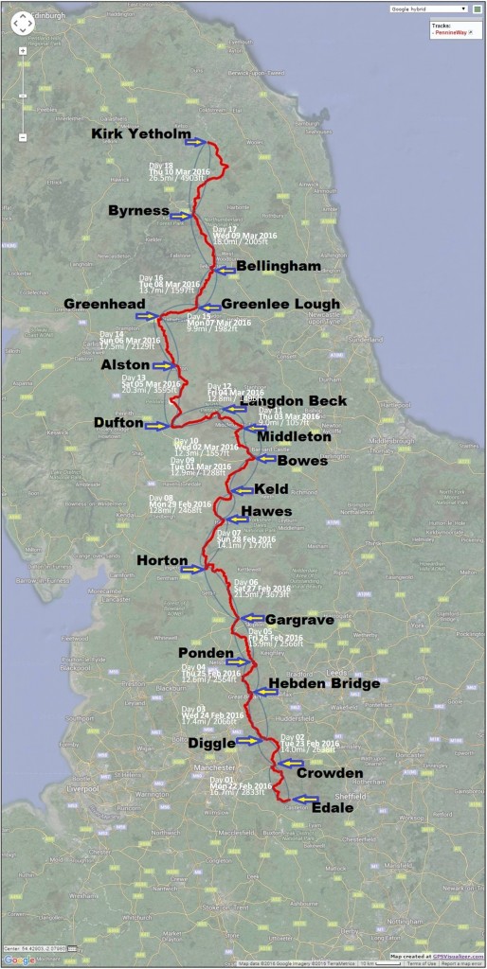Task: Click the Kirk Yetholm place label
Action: (x=140, y=134)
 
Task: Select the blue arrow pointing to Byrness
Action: (x=181, y=216)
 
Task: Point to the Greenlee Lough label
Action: (x=280, y=305)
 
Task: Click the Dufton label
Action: (x=118, y=424)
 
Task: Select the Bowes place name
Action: (x=302, y=461)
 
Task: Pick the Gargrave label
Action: (x=300, y=620)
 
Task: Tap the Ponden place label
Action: (x=206, y=653)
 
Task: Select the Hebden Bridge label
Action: (x=324, y=683)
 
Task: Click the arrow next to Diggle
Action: (x=247, y=741)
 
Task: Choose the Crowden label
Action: (x=330, y=773)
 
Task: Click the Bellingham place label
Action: (x=279, y=267)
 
